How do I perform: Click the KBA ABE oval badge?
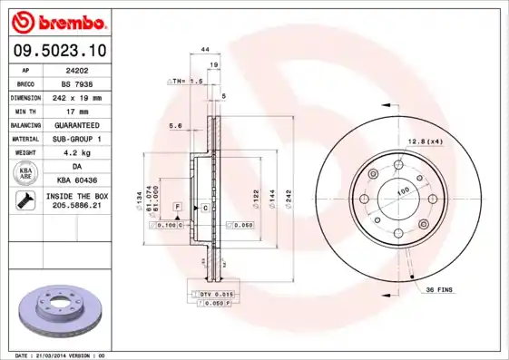point(26,174)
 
